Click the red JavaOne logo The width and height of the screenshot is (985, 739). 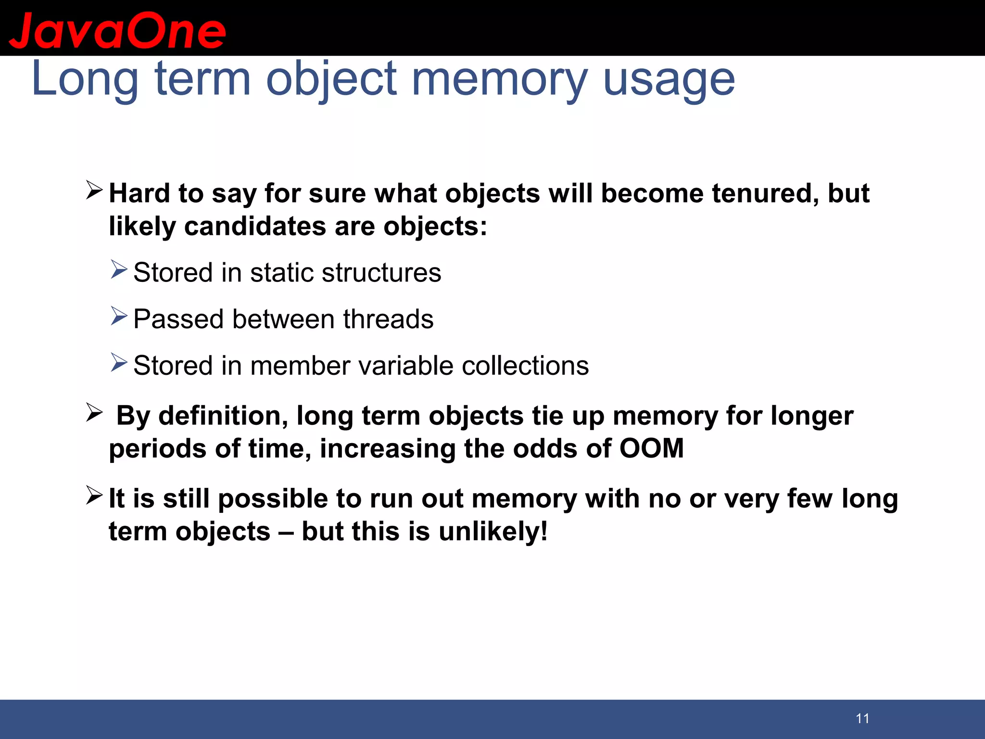(x=117, y=31)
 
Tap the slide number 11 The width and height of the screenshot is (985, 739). (x=862, y=718)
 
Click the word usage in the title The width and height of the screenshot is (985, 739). (x=669, y=79)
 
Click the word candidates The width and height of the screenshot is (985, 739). (x=255, y=226)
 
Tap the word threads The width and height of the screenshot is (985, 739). (x=388, y=319)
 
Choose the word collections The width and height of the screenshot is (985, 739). (x=525, y=366)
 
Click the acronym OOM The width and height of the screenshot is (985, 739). (x=651, y=448)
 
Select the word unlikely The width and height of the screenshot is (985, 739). (x=492, y=532)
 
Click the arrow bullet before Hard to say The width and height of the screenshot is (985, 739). (x=94, y=190)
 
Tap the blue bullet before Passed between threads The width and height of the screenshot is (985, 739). (x=119, y=316)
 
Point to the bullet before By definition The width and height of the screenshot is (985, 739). (x=94, y=412)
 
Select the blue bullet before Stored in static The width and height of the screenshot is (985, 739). (x=119, y=269)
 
